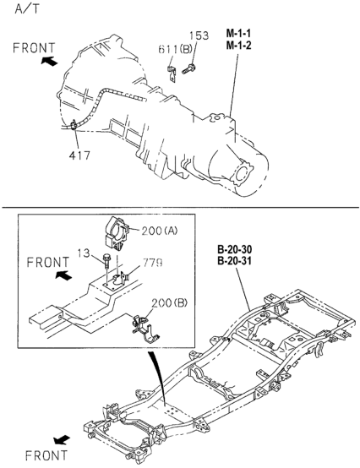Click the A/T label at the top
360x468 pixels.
[26, 9]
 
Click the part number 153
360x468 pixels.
[199, 35]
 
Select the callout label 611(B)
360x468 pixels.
[175, 49]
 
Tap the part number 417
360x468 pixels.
[79, 155]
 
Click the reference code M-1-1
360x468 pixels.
[238, 33]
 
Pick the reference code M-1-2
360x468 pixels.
[238, 46]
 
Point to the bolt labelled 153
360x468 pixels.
[188, 69]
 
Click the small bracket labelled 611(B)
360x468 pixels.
[171, 73]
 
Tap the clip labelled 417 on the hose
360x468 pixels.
[74, 124]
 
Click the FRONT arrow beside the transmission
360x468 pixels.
[49, 61]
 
